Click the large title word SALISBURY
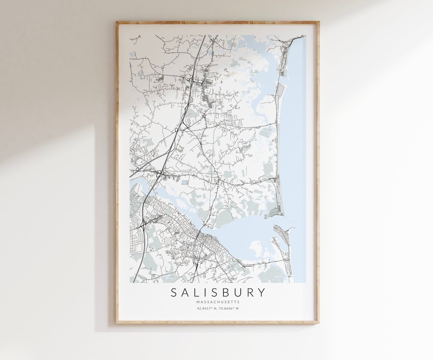tap(218, 292)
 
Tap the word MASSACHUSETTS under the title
tap(218, 302)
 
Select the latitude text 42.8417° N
tap(207, 309)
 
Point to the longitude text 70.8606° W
tap(229, 309)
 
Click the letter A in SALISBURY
tap(185, 292)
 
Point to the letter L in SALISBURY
tap(196, 292)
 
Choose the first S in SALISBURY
tap(174, 292)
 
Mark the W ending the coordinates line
tap(237, 309)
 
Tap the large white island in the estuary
tap(257, 249)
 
